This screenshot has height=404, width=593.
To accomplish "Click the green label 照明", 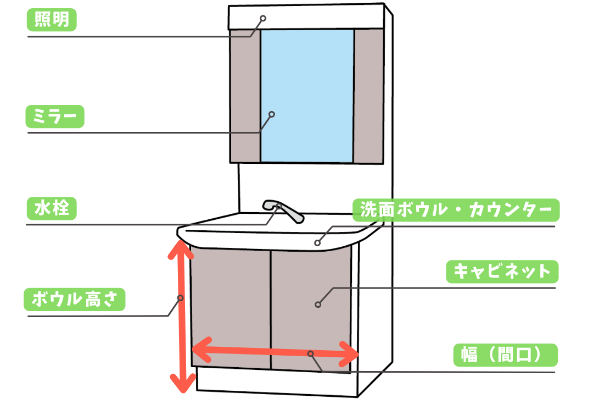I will [52, 20].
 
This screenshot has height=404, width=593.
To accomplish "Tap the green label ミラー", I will [55, 117].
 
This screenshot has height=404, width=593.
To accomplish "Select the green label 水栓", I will [52, 209].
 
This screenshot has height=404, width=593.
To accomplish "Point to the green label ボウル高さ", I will [75, 300].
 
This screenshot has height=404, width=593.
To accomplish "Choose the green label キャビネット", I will [502, 271].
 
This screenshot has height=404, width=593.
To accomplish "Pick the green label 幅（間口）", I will [505, 355].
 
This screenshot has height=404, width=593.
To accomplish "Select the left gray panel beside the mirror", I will [244, 96].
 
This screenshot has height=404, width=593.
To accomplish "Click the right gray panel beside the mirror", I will [368, 96].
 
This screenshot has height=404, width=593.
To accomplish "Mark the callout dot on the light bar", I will [263, 18].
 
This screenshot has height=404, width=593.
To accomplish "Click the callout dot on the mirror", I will [271, 114].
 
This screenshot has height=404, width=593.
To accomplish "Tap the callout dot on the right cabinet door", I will [318, 304].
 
